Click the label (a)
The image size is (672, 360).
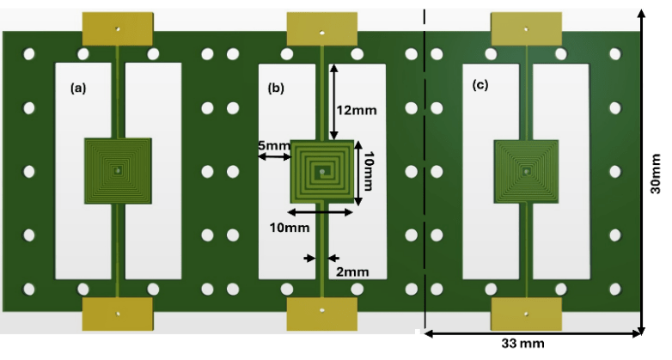tap(78, 88)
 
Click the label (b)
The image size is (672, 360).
tap(276, 88)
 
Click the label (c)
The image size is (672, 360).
tap(480, 85)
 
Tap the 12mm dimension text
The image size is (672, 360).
tap(357, 110)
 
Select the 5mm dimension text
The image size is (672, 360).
tap(274, 146)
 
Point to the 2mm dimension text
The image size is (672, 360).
tap(352, 272)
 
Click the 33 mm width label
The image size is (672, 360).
tap(522, 344)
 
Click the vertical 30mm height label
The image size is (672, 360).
tap(656, 174)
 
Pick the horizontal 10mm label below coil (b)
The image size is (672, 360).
tap(290, 227)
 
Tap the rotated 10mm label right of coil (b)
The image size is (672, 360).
tap(368, 171)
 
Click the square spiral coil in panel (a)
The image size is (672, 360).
tap(118, 171)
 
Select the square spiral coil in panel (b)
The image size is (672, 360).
tap(322, 172)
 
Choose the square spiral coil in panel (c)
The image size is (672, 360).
tap(526, 172)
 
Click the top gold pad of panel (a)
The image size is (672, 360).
tap(118, 28)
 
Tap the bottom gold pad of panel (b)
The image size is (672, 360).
tap(322, 314)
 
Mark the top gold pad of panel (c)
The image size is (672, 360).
tap(526, 28)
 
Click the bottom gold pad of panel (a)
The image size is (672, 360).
tap(118, 314)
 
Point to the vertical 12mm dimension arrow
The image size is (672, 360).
tap(334, 101)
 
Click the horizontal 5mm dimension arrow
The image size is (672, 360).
tap(274, 157)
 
